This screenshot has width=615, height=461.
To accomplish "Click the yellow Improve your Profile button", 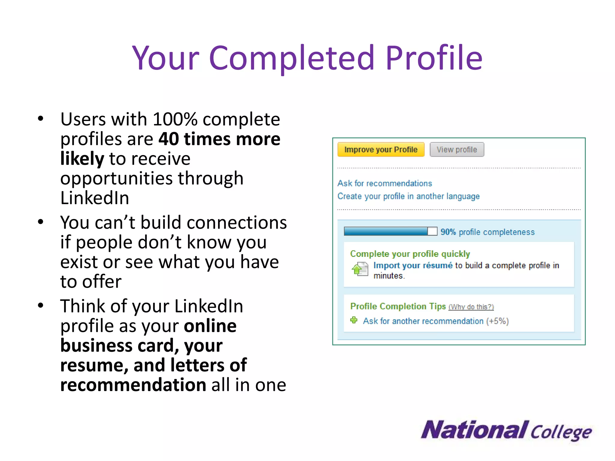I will [x=381, y=149].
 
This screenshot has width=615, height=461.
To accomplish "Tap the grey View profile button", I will [x=456, y=149].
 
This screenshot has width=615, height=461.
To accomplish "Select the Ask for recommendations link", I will [x=384, y=183].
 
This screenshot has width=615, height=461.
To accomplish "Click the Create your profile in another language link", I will [x=408, y=196].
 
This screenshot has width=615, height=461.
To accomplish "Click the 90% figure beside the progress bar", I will [x=448, y=232].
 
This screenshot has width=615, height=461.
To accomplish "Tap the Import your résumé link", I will [x=413, y=266].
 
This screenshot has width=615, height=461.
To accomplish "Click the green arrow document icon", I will [x=359, y=269].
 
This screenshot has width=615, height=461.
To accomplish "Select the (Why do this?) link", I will [x=471, y=307].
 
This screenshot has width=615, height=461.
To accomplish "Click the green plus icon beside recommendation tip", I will [x=354, y=320].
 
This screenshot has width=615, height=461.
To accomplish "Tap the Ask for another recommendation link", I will [x=423, y=321].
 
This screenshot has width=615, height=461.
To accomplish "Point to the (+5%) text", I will [x=497, y=321].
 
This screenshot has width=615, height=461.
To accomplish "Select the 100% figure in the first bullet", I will [x=175, y=119].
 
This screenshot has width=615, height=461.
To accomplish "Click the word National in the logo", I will [x=474, y=430].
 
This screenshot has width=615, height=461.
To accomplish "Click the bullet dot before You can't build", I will [x=41, y=222].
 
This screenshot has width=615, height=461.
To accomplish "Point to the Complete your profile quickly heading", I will [x=410, y=254].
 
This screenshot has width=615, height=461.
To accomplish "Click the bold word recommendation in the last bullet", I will [x=133, y=385].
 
